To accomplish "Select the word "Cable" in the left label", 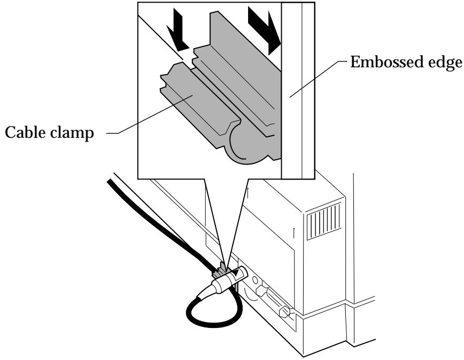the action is (25, 132).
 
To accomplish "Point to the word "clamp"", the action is (72, 132).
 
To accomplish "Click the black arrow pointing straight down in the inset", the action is (177, 29).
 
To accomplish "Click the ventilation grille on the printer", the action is (324, 220).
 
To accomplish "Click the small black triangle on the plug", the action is (237, 272).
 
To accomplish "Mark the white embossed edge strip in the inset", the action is (297, 91).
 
